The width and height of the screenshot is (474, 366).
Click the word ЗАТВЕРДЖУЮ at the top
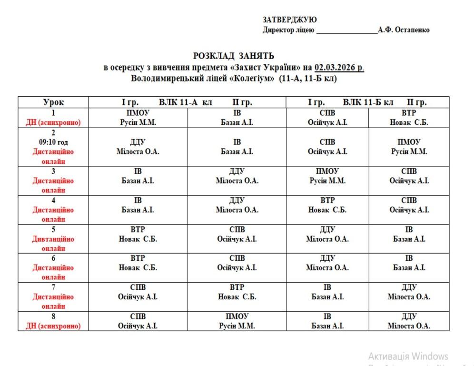point(289,20)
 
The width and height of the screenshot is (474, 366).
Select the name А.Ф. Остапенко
point(404,30)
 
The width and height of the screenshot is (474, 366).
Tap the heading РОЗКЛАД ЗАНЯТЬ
point(233,56)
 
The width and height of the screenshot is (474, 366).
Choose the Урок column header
point(53,102)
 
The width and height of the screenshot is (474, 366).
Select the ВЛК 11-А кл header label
point(185,102)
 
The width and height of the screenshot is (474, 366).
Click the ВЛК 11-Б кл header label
point(368,102)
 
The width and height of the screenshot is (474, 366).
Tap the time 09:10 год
point(53,142)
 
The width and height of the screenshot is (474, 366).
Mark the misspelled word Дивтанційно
point(53,239)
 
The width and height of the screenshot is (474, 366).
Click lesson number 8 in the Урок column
point(53,316)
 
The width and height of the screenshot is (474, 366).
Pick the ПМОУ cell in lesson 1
point(138,117)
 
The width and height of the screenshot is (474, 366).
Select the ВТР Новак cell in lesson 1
point(409,117)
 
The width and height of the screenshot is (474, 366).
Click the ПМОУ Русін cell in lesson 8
point(237,321)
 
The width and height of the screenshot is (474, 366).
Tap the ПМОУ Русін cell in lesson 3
point(327,176)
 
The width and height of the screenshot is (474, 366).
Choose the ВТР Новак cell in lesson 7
point(237,292)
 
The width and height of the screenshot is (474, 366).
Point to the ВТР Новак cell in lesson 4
point(327,205)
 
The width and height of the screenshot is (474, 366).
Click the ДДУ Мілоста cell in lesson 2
point(138,147)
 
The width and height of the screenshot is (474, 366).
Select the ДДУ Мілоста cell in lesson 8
point(409,321)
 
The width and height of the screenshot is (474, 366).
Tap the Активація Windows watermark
point(408,356)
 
